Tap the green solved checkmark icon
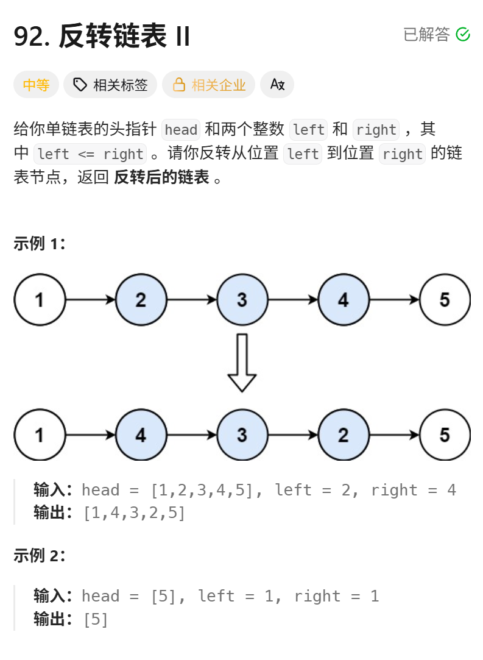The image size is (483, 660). pos(463,34)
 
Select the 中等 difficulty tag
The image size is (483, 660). pos(36,85)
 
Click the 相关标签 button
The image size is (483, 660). pos(110,85)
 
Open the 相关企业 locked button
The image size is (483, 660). pos(208,85)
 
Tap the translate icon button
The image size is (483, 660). pos(277,85)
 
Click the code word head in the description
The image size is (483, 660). pos(181,130)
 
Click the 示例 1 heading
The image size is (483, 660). pos(39,244)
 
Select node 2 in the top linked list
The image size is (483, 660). pos(141,300)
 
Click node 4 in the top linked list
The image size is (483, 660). pos(344,300)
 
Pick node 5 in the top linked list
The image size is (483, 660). pos(445,300)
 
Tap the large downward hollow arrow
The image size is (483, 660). pos(242,362)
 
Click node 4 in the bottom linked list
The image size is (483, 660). pos(141,435)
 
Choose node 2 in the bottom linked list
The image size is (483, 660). pos(344,435)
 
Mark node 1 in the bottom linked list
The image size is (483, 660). pos(40,435)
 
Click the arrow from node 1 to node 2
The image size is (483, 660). pos(90,300)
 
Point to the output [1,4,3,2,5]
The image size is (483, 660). pos(134,513)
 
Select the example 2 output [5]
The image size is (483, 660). pos(96,620)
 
